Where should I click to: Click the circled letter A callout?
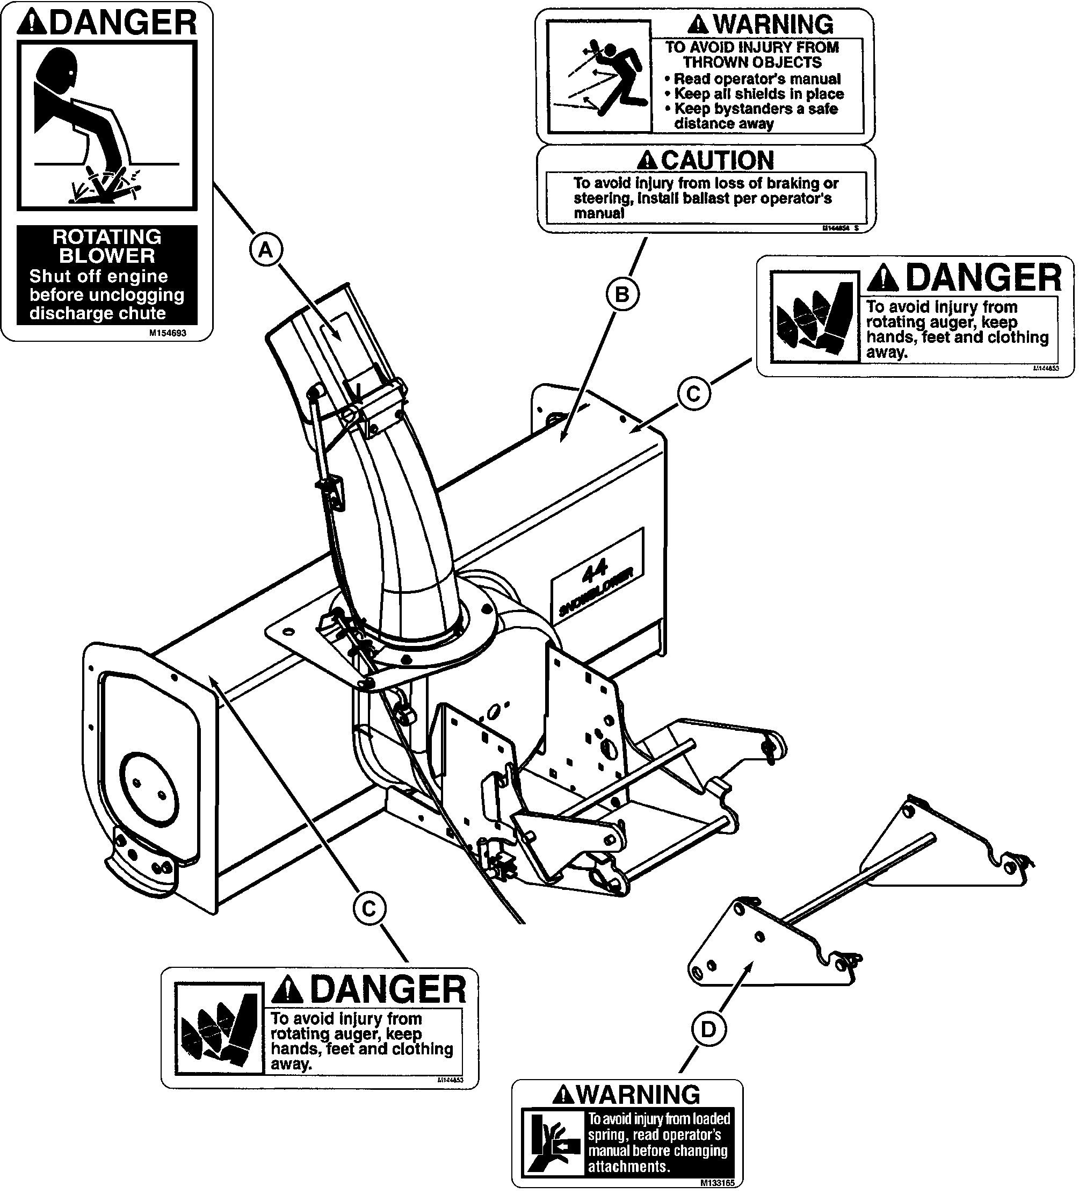click(266, 250)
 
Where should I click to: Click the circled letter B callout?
click(622, 294)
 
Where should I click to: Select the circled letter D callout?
click(708, 1030)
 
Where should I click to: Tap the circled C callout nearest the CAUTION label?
click(693, 393)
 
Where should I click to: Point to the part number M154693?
click(168, 333)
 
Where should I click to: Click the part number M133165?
click(717, 1183)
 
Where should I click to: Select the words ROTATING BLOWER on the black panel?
click(107, 246)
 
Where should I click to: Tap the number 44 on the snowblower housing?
click(594, 570)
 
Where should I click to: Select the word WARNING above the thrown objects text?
click(772, 24)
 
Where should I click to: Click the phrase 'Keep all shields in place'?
click(758, 94)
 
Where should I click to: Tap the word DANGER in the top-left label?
click(122, 23)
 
